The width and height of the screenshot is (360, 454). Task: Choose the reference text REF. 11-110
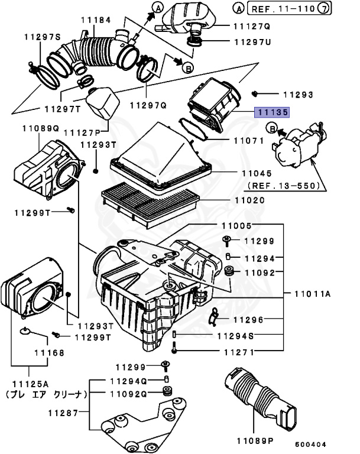(x=279, y=9)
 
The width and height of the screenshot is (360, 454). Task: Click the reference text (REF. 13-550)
(x=283, y=185)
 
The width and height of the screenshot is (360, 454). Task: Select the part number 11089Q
(x=40, y=128)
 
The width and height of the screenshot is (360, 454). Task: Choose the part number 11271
(x=238, y=352)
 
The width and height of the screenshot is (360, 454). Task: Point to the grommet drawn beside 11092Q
(x=167, y=393)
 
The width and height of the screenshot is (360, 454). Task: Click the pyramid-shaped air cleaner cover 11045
(x=160, y=155)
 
